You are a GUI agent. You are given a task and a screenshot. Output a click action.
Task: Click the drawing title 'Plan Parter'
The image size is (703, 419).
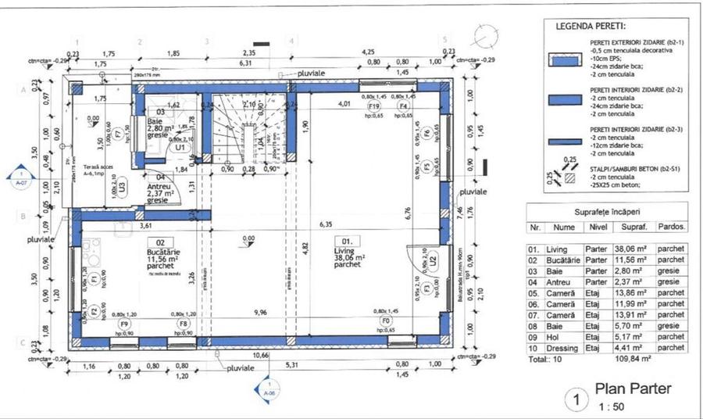(x=633, y=389)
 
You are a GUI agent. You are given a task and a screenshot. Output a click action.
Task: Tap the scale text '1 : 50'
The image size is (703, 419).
(x=612, y=406)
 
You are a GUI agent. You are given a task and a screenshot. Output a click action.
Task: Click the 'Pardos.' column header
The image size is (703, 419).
(x=673, y=227)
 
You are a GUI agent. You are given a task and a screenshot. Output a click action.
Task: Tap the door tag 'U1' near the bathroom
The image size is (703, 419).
(x=180, y=147)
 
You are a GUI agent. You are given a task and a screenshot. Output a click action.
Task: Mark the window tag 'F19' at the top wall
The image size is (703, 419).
(x=375, y=106)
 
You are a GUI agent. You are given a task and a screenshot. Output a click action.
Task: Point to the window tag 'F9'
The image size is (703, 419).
(x=123, y=322)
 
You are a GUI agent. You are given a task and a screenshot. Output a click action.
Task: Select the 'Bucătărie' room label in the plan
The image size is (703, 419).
(x=161, y=253)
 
